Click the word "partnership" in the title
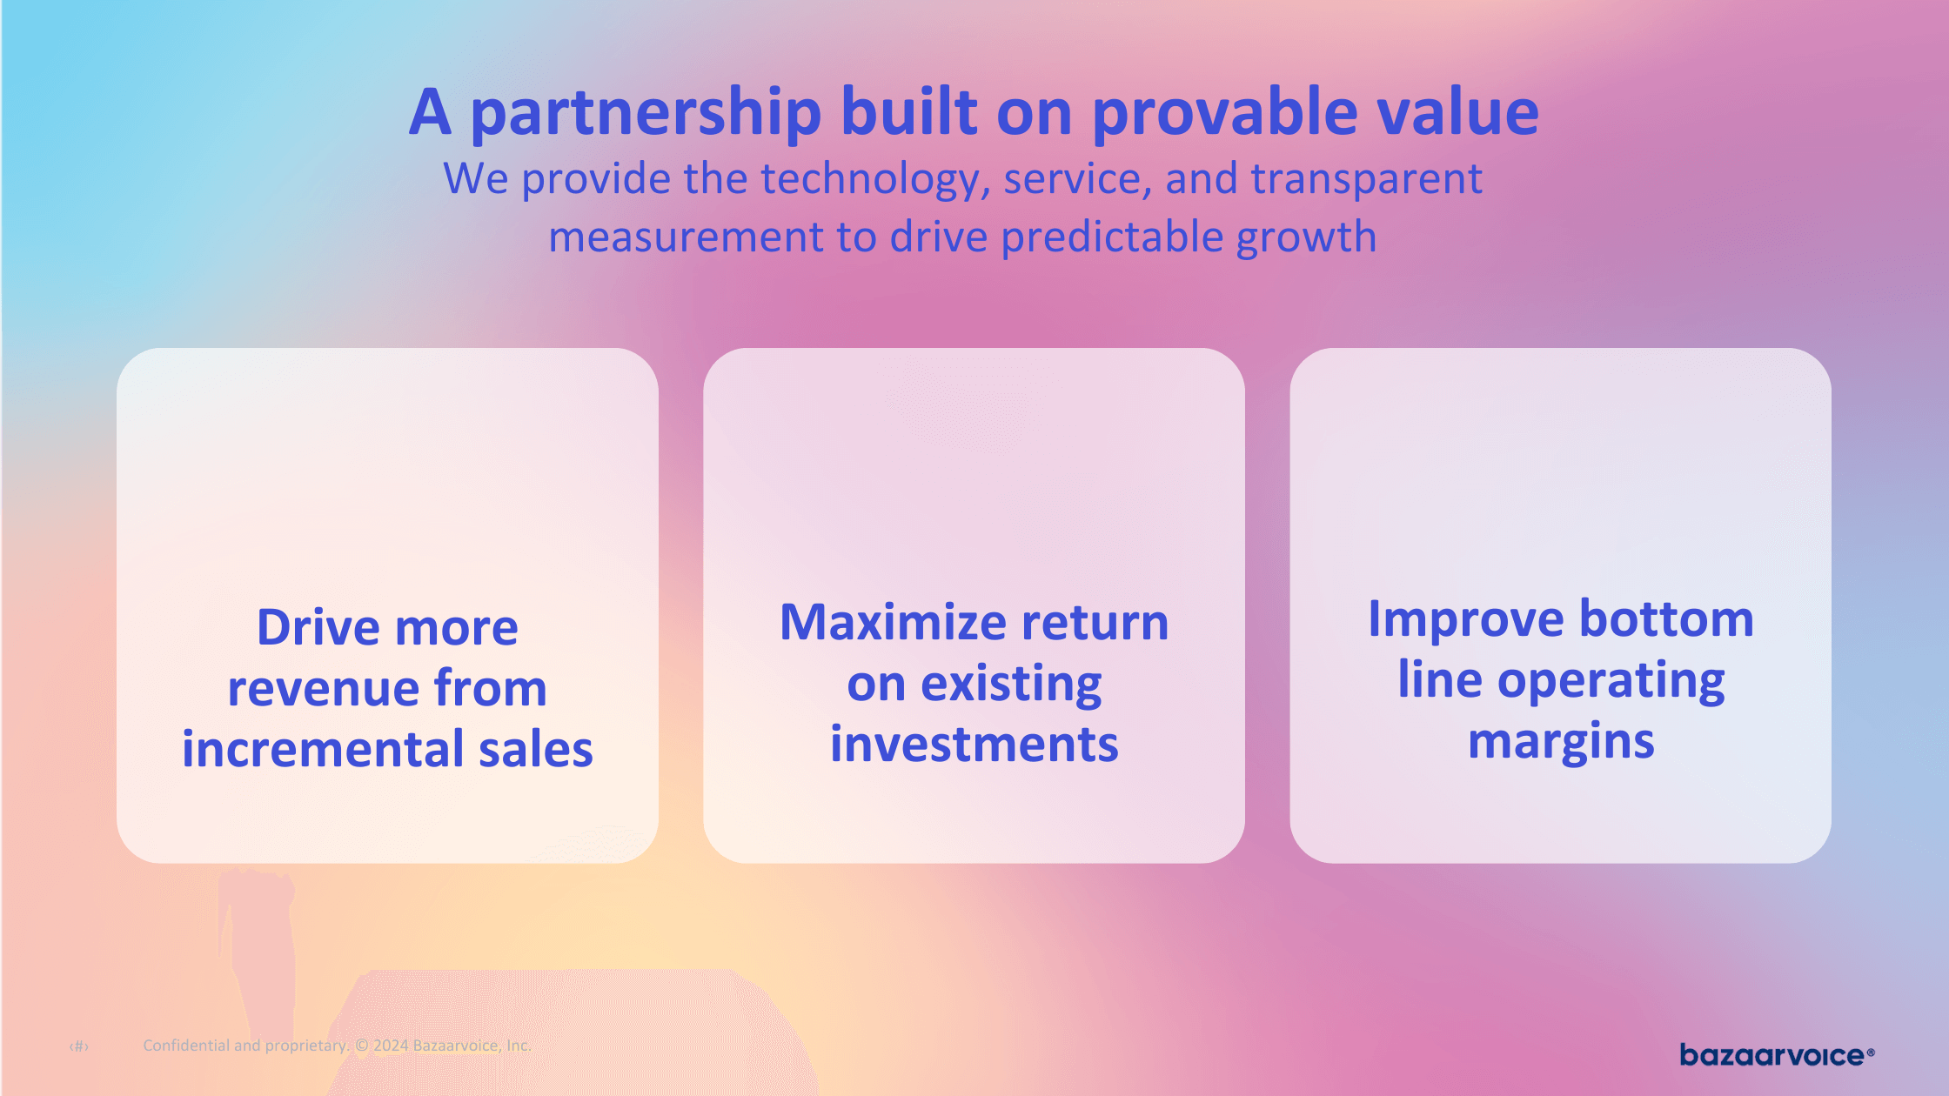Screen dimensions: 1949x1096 click(x=646, y=113)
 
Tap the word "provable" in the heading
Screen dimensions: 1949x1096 click(x=1224, y=113)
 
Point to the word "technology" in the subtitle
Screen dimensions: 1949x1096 click(x=875, y=180)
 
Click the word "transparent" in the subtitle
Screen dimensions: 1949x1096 click(x=1366, y=178)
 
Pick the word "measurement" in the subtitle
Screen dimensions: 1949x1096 click(x=686, y=237)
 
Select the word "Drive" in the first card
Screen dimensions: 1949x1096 click(x=318, y=627)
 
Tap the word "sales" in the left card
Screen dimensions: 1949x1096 click(x=536, y=749)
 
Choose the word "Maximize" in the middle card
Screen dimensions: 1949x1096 click(x=894, y=622)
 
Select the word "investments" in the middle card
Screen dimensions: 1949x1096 click(x=974, y=745)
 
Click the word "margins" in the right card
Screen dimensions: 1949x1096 click(x=1561, y=742)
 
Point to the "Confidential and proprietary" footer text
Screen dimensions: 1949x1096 click(x=245, y=1046)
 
